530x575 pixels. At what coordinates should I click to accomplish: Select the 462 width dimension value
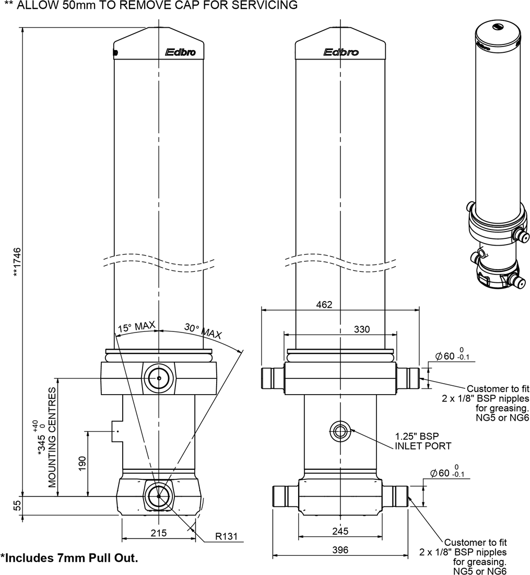click(x=324, y=304)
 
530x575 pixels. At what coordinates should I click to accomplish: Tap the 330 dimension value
click(x=361, y=329)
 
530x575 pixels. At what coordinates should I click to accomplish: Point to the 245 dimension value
click(x=340, y=531)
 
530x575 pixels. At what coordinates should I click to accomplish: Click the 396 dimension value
click(x=340, y=550)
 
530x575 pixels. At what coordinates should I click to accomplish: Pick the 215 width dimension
click(x=158, y=533)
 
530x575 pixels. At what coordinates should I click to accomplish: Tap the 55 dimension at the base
click(x=17, y=505)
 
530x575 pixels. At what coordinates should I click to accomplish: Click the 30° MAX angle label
click(x=203, y=331)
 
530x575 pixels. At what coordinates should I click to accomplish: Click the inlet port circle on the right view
click(x=340, y=432)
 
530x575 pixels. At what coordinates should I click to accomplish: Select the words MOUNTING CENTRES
click(x=52, y=437)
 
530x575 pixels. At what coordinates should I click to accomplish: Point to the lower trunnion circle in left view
click(x=158, y=496)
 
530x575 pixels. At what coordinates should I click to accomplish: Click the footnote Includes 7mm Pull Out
click(x=69, y=558)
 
